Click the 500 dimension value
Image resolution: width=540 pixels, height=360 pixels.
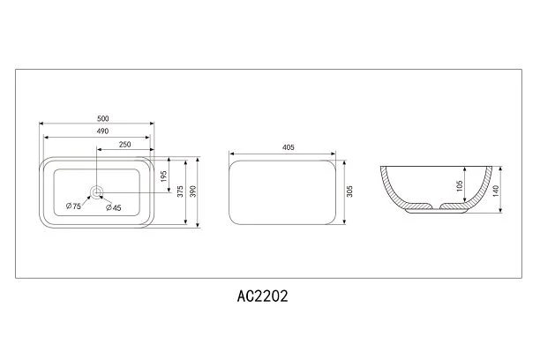(103, 118)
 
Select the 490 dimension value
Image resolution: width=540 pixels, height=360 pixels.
(102, 131)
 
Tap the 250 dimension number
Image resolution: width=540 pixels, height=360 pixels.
(124, 145)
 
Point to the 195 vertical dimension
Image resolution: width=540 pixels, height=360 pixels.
(164, 176)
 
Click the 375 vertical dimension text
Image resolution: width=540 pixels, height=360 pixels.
(180, 191)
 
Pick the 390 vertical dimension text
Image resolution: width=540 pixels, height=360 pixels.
(193, 191)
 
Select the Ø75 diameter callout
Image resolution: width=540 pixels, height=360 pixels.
(73, 206)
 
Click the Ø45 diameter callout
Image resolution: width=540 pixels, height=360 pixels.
(114, 207)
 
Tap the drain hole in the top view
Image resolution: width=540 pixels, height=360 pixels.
(96, 191)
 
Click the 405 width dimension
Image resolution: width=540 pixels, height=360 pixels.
(289, 147)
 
